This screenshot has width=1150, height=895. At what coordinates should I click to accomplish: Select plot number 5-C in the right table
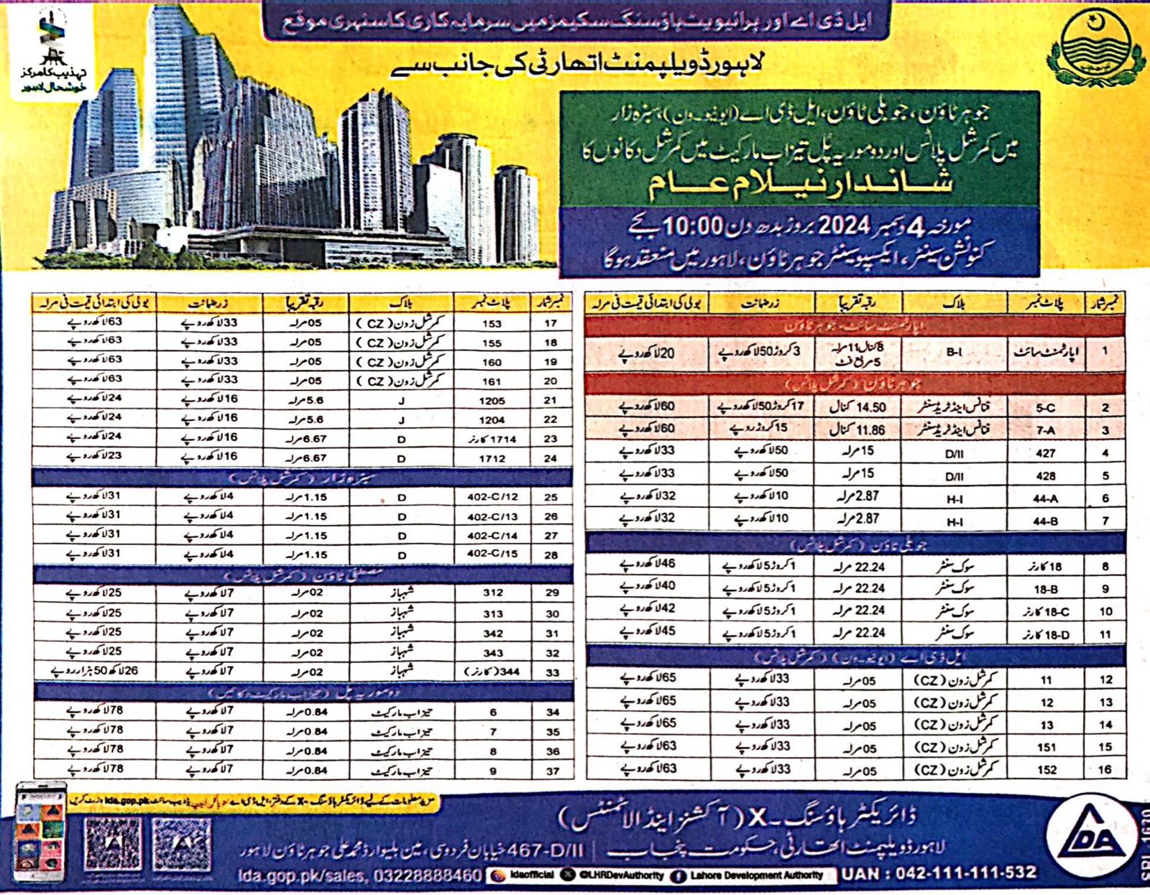[x=1045, y=407]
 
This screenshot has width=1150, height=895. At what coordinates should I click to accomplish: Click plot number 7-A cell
[x=1045, y=430]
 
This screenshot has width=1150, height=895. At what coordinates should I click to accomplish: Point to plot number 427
[x=1045, y=453]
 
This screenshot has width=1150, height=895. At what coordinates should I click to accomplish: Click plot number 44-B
[x=1045, y=521]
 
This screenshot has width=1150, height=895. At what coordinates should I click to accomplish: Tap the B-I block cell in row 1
[x=954, y=352]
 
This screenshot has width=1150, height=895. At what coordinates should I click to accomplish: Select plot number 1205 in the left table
[x=492, y=401]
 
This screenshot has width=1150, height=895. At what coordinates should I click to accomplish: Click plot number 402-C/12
[x=492, y=497]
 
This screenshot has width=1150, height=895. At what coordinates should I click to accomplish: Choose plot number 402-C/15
[x=492, y=554]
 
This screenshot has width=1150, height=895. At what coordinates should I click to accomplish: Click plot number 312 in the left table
[x=492, y=593]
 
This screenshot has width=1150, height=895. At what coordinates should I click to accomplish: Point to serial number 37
[x=552, y=771]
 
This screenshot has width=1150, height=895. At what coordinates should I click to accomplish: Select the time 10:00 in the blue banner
[x=691, y=227]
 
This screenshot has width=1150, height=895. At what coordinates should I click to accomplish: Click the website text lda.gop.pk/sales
[x=302, y=876]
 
